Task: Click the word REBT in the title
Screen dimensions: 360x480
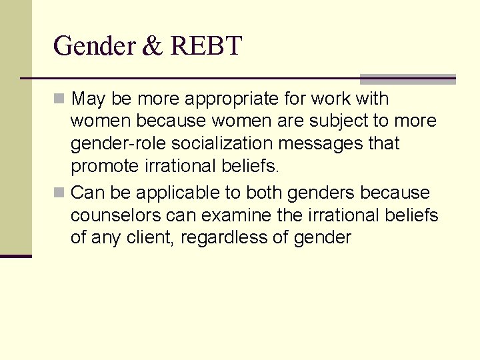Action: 206,47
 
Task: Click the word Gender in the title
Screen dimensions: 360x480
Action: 95,47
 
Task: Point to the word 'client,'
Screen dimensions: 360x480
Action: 150,237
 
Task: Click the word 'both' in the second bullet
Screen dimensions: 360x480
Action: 265,193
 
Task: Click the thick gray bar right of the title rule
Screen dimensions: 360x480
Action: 407,79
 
